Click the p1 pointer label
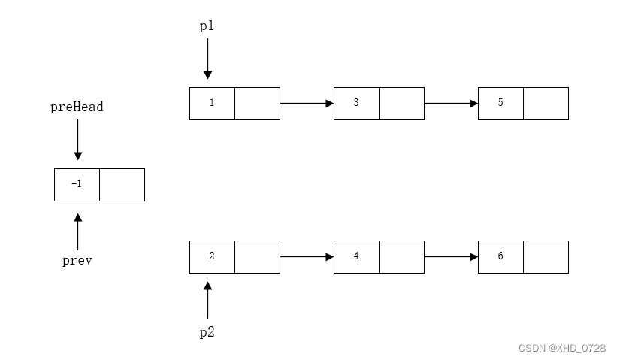tap(207, 26)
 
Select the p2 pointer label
tap(207, 332)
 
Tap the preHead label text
tap(77, 107)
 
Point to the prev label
tap(77, 262)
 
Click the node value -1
tap(77, 184)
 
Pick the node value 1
tap(212, 103)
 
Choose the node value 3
tap(356, 103)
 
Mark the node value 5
tap(501, 103)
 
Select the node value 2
tap(212, 256)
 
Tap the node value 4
tap(356, 256)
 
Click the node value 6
tap(501, 256)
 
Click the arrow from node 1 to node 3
tap(307, 103)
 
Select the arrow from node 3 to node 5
tap(451, 103)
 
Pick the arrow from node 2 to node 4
tap(307, 256)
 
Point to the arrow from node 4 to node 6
tap(451, 256)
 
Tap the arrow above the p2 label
tap(208, 299)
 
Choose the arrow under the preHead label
tap(77, 141)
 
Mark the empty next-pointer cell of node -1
tap(122, 184)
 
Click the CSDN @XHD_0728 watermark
tap(562, 348)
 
